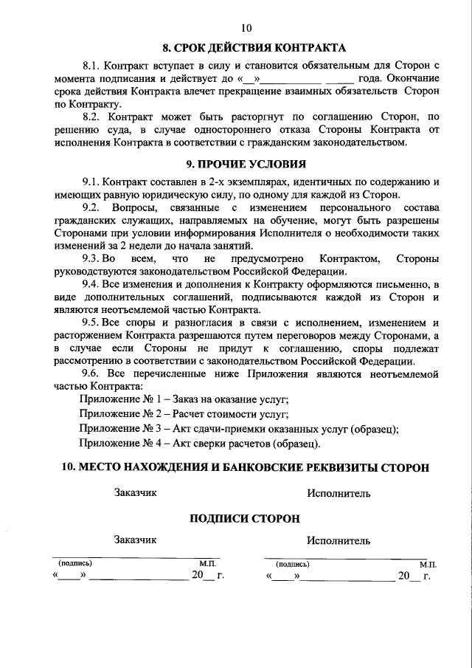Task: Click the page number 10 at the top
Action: [246, 28]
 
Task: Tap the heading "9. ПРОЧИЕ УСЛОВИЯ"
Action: [246, 163]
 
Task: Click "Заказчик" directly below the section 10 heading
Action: [136, 492]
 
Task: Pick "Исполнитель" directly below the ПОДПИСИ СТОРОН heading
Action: [339, 540]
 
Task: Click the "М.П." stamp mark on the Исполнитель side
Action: [428, 564]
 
